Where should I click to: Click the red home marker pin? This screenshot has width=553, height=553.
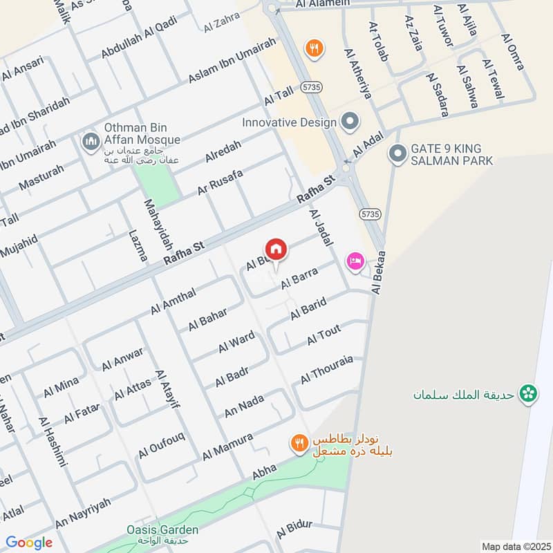coord(275,249)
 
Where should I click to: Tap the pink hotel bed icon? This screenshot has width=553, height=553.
coord(355,261)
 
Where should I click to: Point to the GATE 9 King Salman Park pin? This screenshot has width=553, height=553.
coord(397,153)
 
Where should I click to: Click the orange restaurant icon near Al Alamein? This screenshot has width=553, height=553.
coord(314,48)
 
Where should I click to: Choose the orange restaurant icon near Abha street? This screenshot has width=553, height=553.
coord(299,443)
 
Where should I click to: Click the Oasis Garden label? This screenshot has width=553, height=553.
coord(153,530)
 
